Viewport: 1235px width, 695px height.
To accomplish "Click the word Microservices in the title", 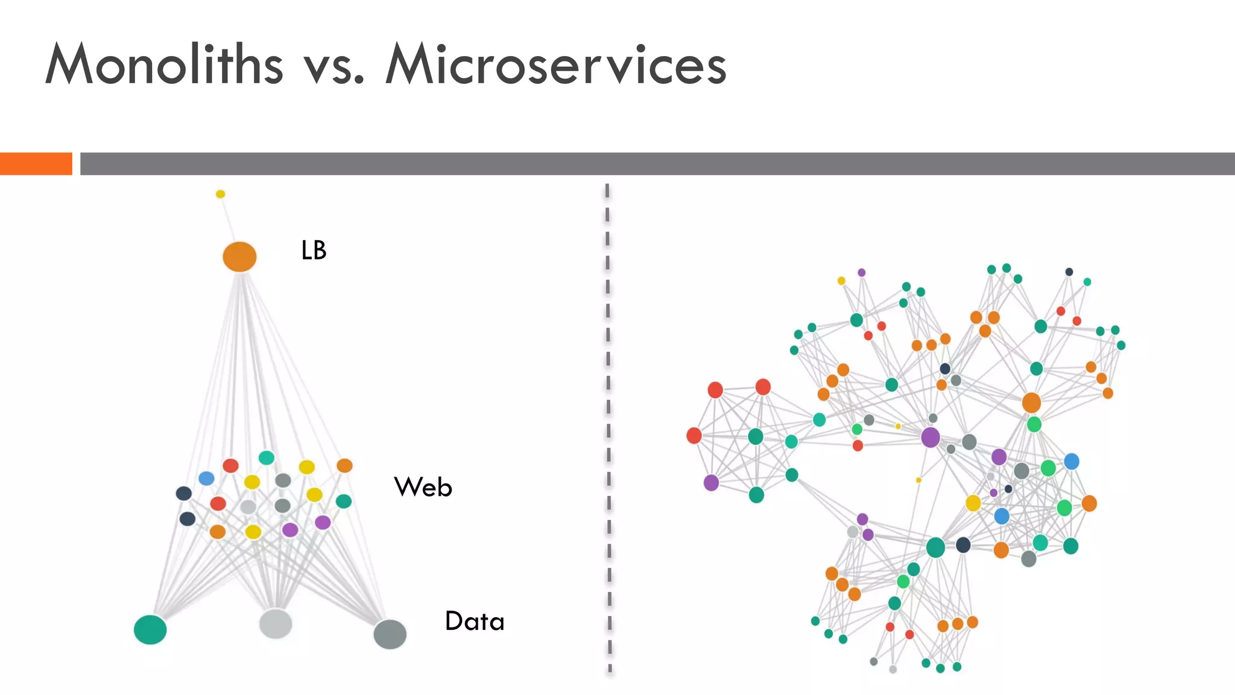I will point(555,65).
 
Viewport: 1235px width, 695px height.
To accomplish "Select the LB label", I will point(314,250).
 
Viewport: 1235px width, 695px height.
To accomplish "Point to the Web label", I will point(423,487).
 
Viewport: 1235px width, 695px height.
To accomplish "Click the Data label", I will point(475,621).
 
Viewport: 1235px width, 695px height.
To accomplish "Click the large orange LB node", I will point(239,257).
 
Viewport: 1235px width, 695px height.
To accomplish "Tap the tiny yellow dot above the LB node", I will point(220,194).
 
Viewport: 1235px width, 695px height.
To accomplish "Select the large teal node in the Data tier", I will point(150,630).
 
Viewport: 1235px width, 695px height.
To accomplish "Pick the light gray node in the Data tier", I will point(276,624).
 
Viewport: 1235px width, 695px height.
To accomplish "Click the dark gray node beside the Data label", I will point(390,634).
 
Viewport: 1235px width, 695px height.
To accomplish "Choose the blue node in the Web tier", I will point(206,478).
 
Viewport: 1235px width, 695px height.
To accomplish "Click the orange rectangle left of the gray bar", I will point(36,163).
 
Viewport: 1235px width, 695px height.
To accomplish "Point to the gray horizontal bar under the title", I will point(657,163).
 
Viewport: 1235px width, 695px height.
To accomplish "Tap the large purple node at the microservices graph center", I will point(930,437).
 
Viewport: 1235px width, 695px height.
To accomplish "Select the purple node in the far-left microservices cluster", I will point(712,483).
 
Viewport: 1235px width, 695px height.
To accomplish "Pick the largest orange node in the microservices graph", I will point(1031,402).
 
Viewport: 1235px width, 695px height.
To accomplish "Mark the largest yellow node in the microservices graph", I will point(973,503).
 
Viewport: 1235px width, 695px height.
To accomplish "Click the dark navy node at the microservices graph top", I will point(1069,272).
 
